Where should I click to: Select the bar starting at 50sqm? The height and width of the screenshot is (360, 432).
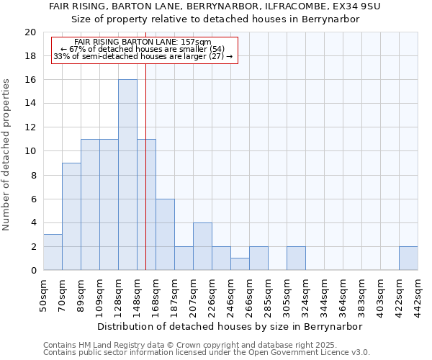point(53,252)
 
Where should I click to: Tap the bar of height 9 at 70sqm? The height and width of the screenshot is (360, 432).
point(71,216)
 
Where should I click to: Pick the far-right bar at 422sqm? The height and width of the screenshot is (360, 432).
point(408,258)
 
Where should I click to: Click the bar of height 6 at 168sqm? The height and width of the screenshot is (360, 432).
point(165,235)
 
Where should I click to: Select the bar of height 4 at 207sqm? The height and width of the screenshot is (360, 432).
point(202,246)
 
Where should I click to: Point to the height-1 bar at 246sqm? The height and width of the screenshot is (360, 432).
point(240,264)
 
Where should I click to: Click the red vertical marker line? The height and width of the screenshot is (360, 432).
point(146,180)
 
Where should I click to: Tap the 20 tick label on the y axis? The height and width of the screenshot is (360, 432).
point(30,32)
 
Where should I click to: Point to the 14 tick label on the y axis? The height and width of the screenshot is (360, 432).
point(30,104)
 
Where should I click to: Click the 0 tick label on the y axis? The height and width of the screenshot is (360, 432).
point(33,271)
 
